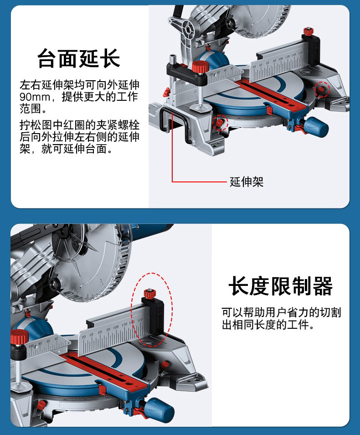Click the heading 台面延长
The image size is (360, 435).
(78, 58)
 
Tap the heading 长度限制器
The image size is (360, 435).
(281, 286)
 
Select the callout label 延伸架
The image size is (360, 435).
(246, 182)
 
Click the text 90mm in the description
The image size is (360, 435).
(35, 97)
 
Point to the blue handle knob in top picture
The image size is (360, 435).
(316, 127)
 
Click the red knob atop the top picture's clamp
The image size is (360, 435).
(200, 67)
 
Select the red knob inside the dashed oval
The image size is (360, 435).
(150, 293)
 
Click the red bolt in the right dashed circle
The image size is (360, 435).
(321, 89)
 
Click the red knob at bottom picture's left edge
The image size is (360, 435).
(20, 337)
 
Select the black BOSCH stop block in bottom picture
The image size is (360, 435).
(154, 316)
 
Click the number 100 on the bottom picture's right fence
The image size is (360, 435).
(116, 327)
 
